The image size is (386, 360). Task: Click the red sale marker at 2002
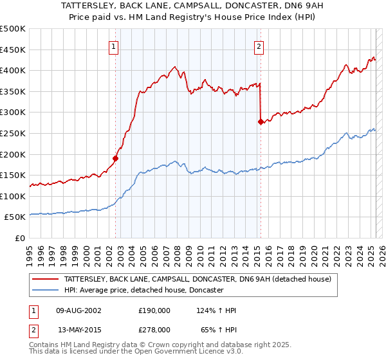pyautogui.click(x=116, y=158)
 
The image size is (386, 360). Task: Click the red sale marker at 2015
pyautogui.click(x=261, y=121)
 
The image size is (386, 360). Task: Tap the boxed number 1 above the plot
pyautogui.click(x=113, y=46)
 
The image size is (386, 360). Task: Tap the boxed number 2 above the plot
pyautogui.click(x=259, y=46)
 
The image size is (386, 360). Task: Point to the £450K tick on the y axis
pyautogui.click(x=13, y=50)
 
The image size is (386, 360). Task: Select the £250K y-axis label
pyautogui.click(x=13, y=133)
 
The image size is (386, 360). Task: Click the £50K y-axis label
pyautogui.click(x=15, y=217)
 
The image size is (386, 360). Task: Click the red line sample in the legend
pyautogui.click(x=46, y=279)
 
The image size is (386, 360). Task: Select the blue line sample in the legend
pyautogui.click(x=46, y=290)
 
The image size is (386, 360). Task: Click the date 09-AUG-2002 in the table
pyautogui.click(x=79, y=310)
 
